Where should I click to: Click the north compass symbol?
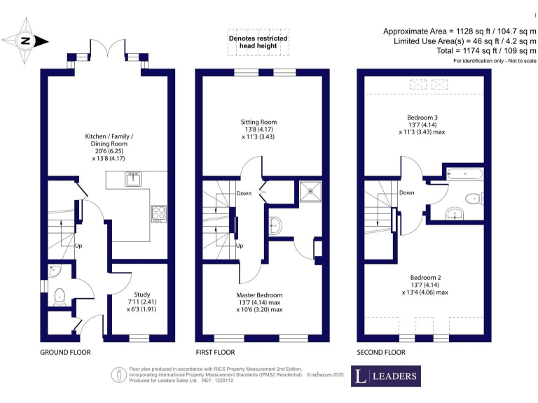(x=25, y=41)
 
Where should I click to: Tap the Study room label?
(x=142, y=302)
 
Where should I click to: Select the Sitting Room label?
(x=258, y=130)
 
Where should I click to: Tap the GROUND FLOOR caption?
(x=64, y=352)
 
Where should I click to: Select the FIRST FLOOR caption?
(x=216, y=352)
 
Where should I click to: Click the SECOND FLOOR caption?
(x=382, y=352)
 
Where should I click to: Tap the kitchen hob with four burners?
(x=158, y=211)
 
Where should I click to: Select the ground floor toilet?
(x=59, y=296)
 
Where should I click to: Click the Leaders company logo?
(x=386, y=376)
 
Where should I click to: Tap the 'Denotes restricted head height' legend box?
(x=257, y=42)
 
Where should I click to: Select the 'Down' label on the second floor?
(x=406, y=192)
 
